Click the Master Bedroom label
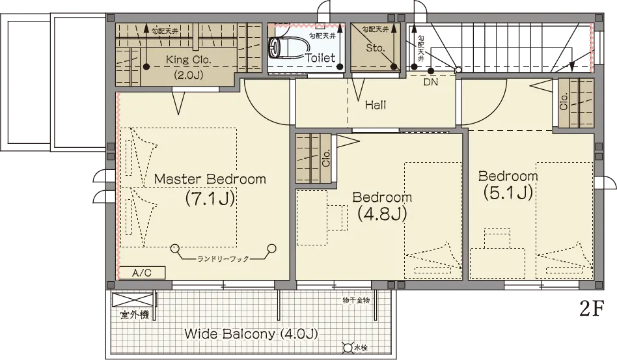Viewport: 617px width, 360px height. (210, 179)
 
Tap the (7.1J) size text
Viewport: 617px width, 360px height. (210, 198)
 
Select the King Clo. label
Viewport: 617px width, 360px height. (189, 60)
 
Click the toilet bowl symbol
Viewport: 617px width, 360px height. (285, 48)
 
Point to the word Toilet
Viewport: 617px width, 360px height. (320, 58)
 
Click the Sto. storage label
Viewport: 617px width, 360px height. (375, 48)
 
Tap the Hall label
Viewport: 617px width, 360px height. (376, 105)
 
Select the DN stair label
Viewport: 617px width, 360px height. (431, 82)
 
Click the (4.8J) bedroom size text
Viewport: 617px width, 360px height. (382, 214)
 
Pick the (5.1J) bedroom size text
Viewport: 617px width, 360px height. (508, 193)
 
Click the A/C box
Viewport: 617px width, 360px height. (142, 273)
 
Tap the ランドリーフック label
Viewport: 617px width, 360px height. (223, 258)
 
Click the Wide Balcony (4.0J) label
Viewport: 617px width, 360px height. (251, 334)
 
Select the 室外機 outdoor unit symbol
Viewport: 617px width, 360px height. (133, 300)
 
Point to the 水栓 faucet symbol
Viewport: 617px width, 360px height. (348, 348)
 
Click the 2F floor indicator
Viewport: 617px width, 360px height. (592, 309)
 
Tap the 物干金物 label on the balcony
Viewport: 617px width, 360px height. (356, 300)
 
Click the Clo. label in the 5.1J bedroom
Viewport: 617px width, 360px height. (564, 102)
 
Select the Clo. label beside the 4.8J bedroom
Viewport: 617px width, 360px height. (326, 158)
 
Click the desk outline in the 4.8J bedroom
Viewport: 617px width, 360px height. (312, 217)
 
